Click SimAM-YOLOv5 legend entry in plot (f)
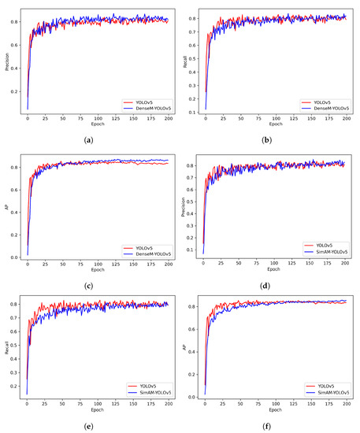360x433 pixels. (x=325, y=391)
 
